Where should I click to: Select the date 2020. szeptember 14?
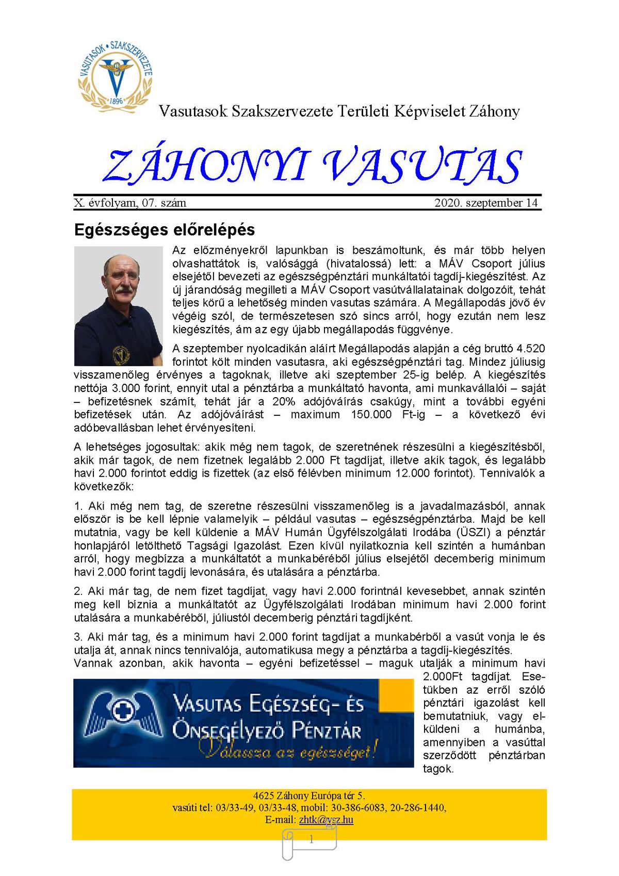click(x=486, y=203)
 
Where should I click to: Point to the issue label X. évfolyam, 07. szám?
click(x=130, y=203)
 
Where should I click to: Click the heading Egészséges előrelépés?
click(x=165, y=229)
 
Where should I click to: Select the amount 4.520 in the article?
click(x=530, y=349)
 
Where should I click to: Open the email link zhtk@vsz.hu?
click(x=326, y=820)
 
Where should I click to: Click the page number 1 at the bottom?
click(x=311, y=840)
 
